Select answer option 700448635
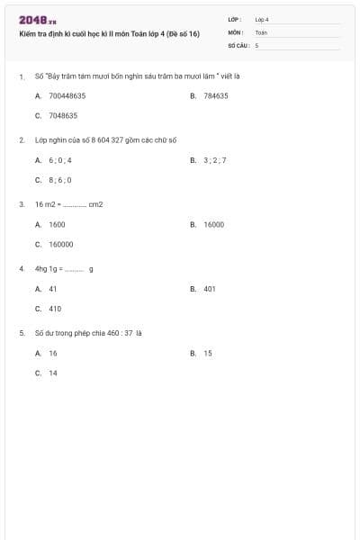point(67,95)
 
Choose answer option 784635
point(215,95)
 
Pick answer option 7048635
point(63,115)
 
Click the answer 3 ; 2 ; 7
point(215,160)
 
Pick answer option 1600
point(57,224)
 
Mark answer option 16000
point(213,224)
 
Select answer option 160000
point(61,244)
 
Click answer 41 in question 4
point(53,289)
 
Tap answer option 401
point(210,289)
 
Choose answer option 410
point(55,309)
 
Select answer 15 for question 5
point(208,354)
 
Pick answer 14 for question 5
point(53,373)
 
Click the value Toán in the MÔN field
point(261,31)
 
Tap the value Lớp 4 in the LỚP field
point(262,19)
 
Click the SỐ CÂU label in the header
point(238,44)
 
